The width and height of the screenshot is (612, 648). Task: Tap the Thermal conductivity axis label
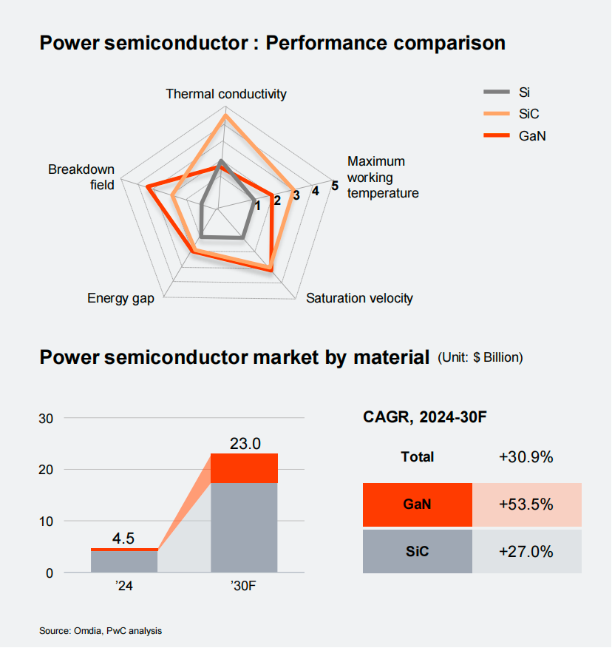pos(225,94)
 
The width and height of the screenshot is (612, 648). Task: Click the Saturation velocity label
pos(359,298)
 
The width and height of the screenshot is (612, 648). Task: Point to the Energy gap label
pos(120,298)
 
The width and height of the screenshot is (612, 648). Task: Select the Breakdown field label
pos(81,177)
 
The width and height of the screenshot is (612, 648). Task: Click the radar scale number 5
pos(335,186)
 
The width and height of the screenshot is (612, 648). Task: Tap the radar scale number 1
pos(257,206)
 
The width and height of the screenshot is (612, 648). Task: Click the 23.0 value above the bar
pos(245,444)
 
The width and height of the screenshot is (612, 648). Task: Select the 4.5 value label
pos(123,539)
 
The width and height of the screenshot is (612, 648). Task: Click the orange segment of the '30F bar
pos(245,468)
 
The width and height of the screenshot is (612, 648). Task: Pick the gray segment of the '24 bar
pos(124,561)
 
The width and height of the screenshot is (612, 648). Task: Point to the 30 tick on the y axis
pos(46,419)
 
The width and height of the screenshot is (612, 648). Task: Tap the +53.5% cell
pos(526,504)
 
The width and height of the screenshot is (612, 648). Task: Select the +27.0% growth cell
pos(526,551)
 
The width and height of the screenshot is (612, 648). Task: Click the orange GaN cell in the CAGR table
pos(418,504)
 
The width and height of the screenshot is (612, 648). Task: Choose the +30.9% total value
pos(526,457)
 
